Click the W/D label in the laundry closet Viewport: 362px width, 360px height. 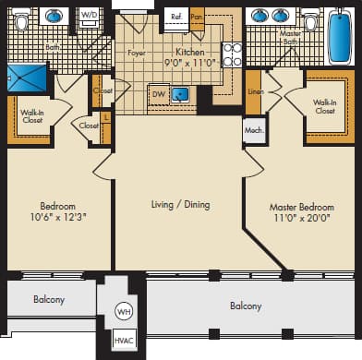90,16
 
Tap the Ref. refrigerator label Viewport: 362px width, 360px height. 175,17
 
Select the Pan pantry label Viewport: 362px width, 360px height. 196,17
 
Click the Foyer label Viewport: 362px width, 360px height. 137,54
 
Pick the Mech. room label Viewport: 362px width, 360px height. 254,130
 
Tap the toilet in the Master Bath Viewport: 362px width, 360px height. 309,20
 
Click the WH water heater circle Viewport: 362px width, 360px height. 124,312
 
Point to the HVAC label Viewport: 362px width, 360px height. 124,342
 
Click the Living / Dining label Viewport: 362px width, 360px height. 180,204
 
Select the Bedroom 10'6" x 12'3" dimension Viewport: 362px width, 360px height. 56,218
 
